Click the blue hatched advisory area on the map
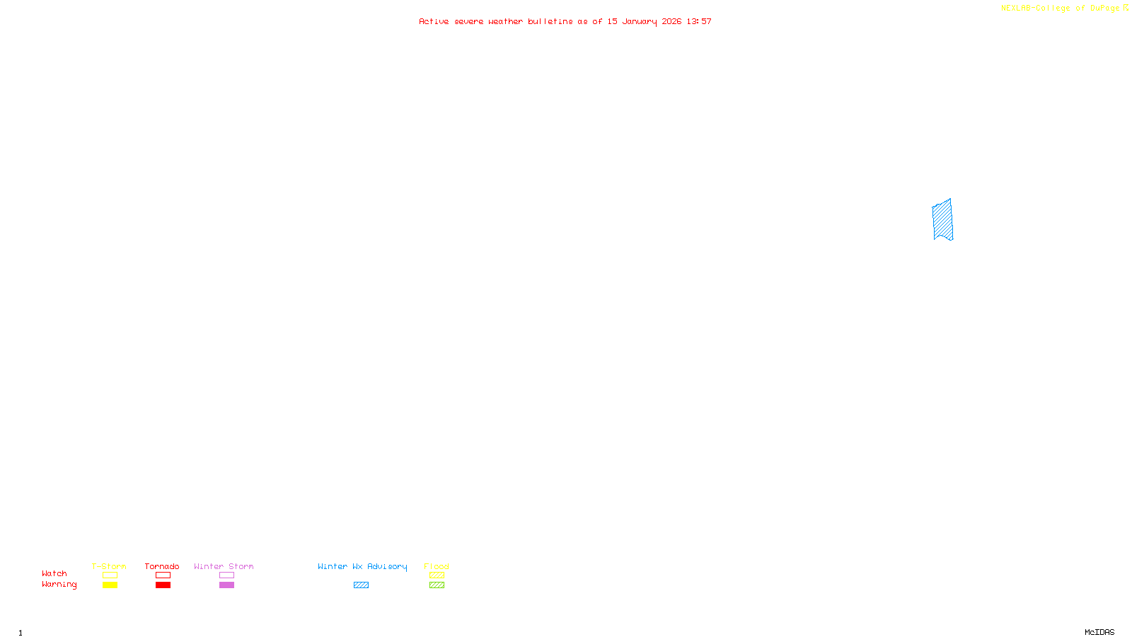tap(942, 220)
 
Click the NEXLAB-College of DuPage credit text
tap(1060, 8)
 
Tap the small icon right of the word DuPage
tap(1126, 8)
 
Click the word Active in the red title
tap(433, 21)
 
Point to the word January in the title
tap(639, 21)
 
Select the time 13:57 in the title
tap(699, 21)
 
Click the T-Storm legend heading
tap(109, 566)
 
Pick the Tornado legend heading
tap(162, 566)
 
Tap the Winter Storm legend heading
tap(224, 566)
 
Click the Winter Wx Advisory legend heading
tap(362, 566)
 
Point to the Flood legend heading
tap(437, 566)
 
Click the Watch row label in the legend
tap(54, 573)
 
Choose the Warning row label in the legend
tap(59, 585)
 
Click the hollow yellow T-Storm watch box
tap(110, 575)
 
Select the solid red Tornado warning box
tap(163, 585)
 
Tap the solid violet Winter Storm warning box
tap(226, 585)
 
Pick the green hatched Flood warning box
tap(437, 585)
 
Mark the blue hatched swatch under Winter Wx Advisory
tap(361, 585)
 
